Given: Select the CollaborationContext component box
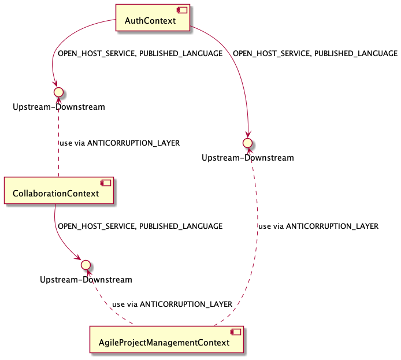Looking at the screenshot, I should (58, 190).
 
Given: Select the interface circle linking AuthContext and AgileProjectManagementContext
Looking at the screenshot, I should (247, 142).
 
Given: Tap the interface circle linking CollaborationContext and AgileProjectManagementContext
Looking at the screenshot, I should (86, 264).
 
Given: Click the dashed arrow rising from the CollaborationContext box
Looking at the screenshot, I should (58, 139).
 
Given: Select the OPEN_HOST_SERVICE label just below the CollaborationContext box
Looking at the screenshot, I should (140, 227).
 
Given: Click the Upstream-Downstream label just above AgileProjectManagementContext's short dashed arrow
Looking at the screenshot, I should (86, 280).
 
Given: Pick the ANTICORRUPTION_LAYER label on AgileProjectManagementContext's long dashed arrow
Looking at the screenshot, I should (318, 227).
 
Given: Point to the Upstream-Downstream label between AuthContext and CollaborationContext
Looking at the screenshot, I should (58, 107).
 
